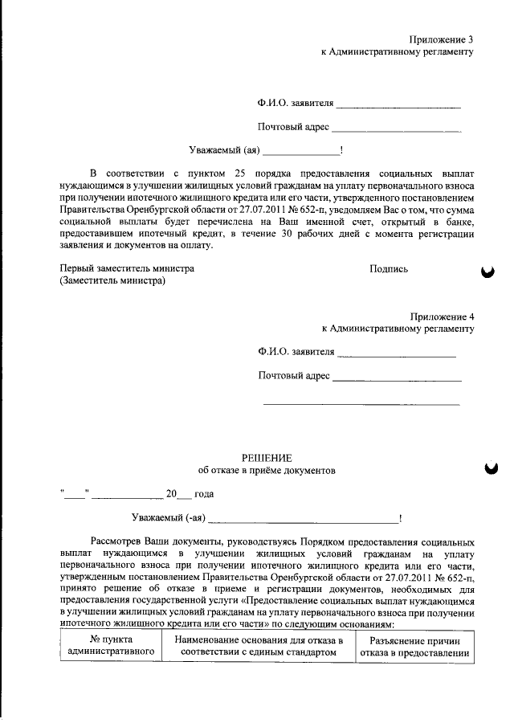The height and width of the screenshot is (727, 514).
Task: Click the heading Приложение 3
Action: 441,39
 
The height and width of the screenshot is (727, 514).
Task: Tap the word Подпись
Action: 389,269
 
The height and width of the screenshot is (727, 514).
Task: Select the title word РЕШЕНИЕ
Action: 265,456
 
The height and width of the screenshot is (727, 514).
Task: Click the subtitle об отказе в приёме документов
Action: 265,470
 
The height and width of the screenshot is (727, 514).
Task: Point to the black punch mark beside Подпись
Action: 486,273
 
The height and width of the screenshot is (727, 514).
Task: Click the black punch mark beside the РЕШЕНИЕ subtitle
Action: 486,470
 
